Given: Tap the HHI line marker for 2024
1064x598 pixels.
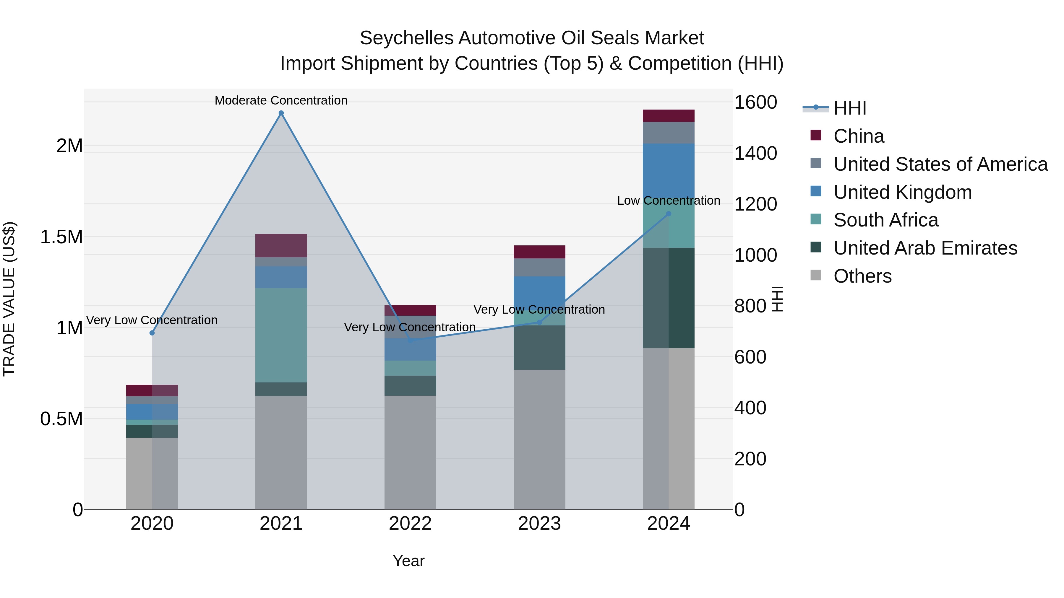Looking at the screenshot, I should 669,214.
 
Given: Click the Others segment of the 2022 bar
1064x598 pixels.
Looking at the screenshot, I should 410,452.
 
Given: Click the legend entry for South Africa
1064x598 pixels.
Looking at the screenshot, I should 885,220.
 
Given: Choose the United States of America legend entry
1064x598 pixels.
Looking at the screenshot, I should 940,164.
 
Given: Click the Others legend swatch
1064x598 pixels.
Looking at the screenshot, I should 816,275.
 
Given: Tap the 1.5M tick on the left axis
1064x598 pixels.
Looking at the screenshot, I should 61,237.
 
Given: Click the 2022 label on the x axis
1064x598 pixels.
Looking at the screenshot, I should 410,524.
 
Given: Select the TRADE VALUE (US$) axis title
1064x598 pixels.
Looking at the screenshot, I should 9,299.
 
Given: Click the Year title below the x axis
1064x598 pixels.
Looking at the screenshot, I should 408,561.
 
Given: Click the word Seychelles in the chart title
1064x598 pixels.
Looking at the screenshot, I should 406,38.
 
